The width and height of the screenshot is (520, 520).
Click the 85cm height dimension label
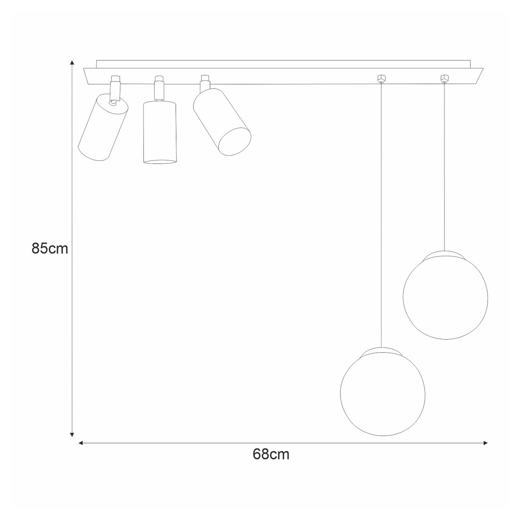click(x=50, y=249)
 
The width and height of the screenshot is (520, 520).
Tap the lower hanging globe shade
click(x=383, y=393)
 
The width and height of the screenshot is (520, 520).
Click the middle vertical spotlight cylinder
click(x=159, y=132)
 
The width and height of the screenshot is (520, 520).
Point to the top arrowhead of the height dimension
click(x=72, y=63)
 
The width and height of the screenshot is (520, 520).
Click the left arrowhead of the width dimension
click(x=81, y=443)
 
